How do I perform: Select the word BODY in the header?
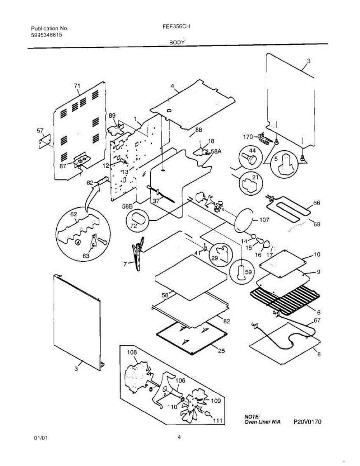(177, 43)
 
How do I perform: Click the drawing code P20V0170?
(307, 422)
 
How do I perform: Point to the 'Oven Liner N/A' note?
(263, 422)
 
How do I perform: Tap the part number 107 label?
(264, 220)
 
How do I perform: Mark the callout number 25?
(221, 351)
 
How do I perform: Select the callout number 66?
(317, 203)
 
